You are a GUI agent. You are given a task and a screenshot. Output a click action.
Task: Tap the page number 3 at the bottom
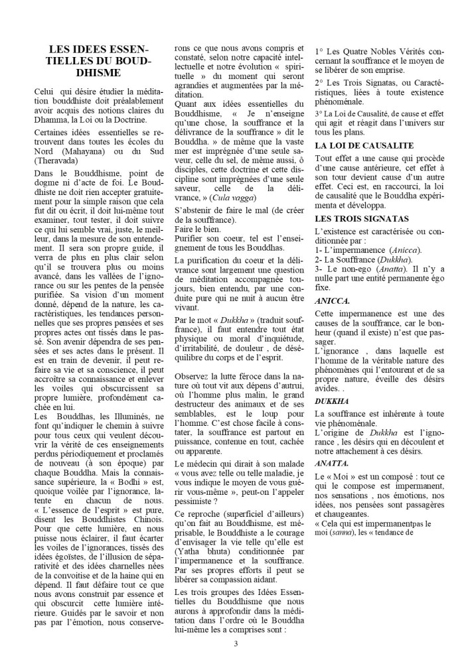click(x=236, y=643)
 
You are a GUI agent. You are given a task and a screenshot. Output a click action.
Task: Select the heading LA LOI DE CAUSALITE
click(x=364, y=145)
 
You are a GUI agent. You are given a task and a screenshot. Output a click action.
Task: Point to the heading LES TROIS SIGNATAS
click(x=361, y=218)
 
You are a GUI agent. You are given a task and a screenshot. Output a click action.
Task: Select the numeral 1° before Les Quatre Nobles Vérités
click(x=319, y=50)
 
